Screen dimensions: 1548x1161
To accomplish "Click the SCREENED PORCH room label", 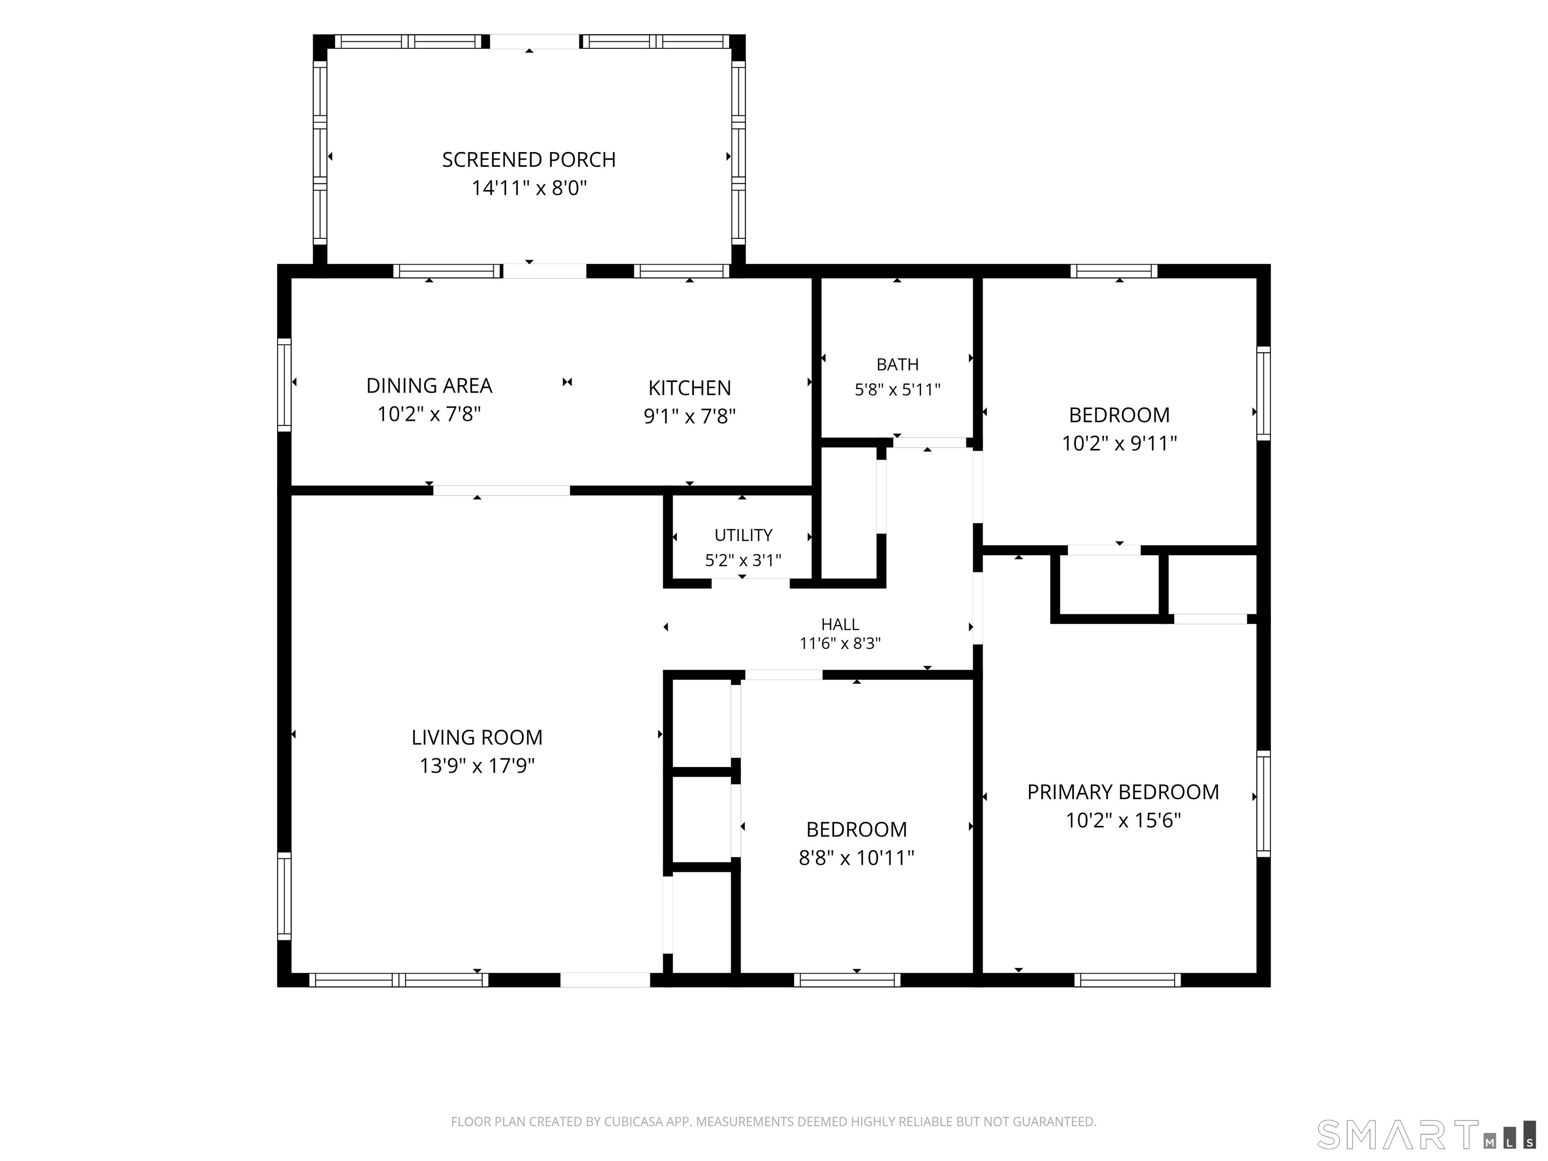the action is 529,160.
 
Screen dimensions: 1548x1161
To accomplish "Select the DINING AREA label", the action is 429,385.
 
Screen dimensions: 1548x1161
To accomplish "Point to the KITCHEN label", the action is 689,388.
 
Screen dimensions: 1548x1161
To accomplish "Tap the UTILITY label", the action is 743,535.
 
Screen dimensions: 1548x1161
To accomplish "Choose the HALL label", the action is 840,624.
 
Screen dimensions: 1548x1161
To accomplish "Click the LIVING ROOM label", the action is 477,738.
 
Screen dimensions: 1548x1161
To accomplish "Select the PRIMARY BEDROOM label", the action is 1123,792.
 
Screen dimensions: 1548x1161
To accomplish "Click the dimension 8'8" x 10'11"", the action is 857,858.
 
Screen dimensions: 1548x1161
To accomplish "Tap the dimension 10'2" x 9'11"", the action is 1119,443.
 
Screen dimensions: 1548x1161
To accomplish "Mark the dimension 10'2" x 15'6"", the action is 1123,820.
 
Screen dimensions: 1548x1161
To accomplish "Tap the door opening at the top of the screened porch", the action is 535,41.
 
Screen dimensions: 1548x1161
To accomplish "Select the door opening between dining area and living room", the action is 501,490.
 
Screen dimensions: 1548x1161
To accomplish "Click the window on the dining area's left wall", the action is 284,385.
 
